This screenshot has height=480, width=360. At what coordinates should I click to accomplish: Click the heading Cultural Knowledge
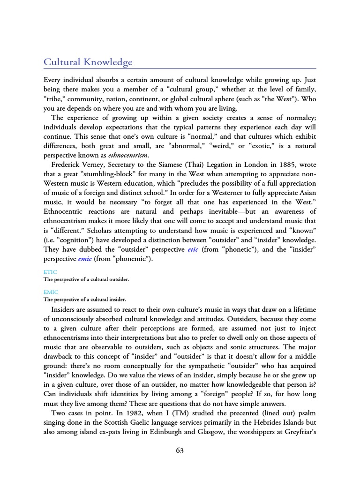88,62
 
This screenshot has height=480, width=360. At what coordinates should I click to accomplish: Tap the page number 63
180,450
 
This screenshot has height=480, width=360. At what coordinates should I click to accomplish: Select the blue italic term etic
193,249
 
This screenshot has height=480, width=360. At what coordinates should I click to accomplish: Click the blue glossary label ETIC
50,272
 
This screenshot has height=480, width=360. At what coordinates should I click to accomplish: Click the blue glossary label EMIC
51,292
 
